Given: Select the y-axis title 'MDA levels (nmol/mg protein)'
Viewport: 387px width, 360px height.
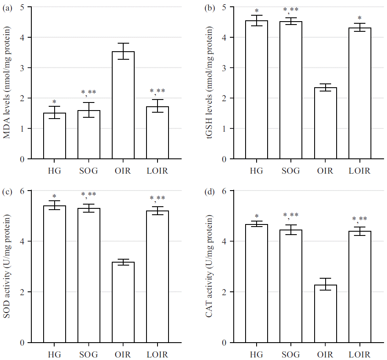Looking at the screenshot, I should click(7, 83).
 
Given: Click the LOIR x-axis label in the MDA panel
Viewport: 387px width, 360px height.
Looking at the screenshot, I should click(158, 171).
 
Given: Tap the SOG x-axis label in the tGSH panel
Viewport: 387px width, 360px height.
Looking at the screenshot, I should click(291, 171).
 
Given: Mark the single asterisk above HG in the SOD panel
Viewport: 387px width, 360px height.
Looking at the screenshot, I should click(55, 197).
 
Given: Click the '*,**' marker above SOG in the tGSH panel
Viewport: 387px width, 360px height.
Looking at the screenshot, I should click(291, 10).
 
